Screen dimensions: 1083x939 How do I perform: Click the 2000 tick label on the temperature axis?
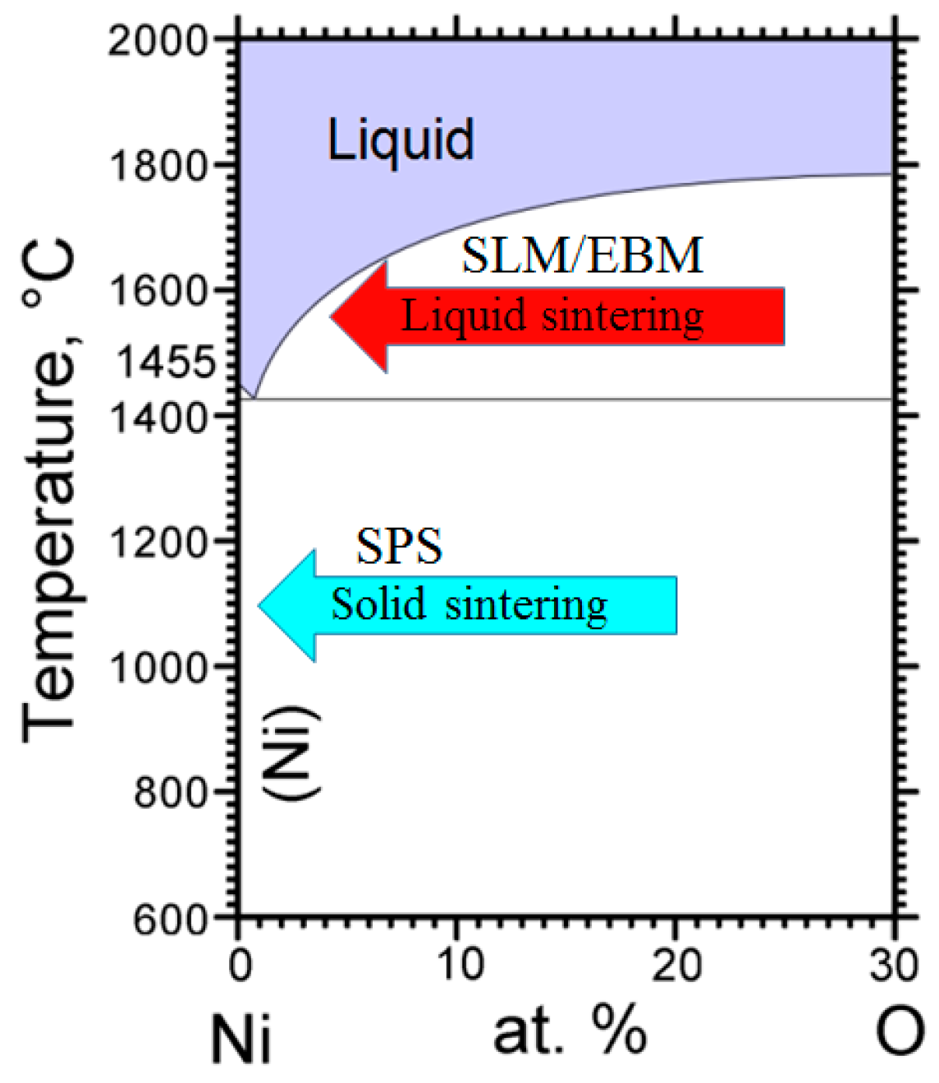(x=158, y=40)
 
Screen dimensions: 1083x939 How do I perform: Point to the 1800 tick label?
(x=158, y=166)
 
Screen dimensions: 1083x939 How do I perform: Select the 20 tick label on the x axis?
(x=676, y=965)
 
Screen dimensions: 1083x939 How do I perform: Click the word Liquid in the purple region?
(x=401, y=139)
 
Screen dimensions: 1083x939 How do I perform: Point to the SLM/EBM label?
(x=582, y=255)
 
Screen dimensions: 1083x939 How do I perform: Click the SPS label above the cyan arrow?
(x=399, y=546)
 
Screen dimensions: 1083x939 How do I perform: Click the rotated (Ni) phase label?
(x=291, y=752)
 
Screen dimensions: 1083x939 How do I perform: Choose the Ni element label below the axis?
(x=240, y=1038)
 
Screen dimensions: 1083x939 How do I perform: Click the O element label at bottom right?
(x=899, y=1032)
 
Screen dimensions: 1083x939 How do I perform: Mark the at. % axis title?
(x=570, y=1032)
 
